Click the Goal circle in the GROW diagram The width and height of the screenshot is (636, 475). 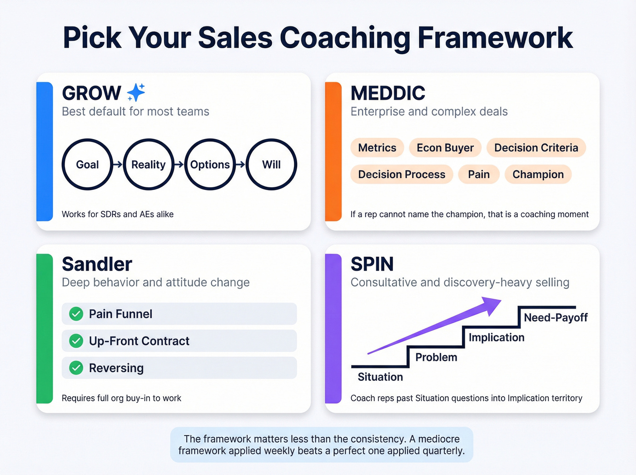click(x=87, y=165)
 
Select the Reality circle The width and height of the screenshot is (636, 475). click(x=149, y=165)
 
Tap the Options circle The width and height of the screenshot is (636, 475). click(x=210, y=165)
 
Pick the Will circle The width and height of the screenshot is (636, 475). click(x=271, y=165)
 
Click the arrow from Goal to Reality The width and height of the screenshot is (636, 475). click(x=118, y=165)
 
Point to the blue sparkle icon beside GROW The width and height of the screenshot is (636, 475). click(x=136, y=93)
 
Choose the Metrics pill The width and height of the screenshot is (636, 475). click(x=377, y=148)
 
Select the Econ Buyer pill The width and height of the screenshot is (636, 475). click(x=445, y=148)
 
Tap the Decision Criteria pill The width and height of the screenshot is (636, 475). click(x=536, y=148)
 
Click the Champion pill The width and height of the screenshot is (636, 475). click(x=538, y=175)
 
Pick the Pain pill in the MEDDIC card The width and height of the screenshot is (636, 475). click(x=479, y=175)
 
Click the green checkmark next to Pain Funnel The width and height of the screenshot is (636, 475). click(x=76, y=314)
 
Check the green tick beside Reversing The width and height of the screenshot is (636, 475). click(x=76, y=368)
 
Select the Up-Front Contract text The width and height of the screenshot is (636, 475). click(x=139, y=341)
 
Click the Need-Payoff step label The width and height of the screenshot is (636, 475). click(x=556, y=317)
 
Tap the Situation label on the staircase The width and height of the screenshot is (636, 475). click(x=380, y=377)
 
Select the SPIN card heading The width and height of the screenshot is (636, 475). click(x=372, y=264)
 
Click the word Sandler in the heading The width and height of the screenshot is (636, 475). click(x=97, y=264)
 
